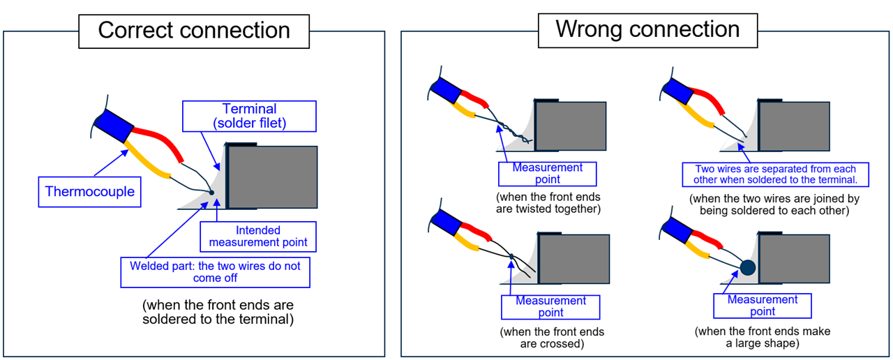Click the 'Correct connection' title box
click(x=194, y=31)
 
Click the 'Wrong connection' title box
click(x=647, y=29)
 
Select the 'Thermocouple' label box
click(x=89, y=192)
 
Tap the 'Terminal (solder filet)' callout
click(x=249, y=116)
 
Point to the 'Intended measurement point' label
click(x=257, y=237)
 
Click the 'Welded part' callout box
click(x=215, y=272)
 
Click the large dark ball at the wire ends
click(x=748, y=267)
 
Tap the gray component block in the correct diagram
click(x=273, y=177)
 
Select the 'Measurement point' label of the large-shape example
click(x=763, y=306)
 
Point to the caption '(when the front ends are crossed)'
click(x=552, y=338)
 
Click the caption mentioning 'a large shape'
click(x=763, y=338)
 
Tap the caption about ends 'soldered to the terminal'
click(x=218, y=312)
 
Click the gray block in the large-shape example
click(x=795, y=258)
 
